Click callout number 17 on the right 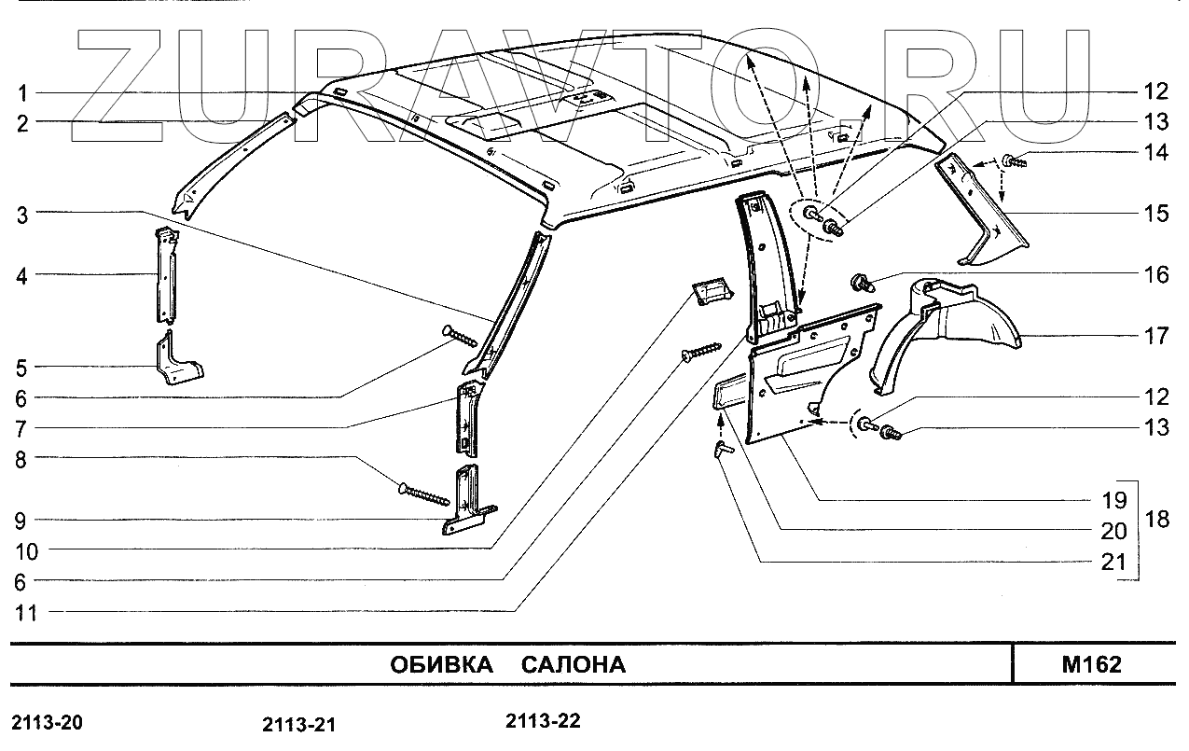pyautogui.click(x=1156, y=335)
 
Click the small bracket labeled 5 pyautogui.click(x=177, y=362)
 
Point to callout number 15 pyautogui.click(x=1156, y=214)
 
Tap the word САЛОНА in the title pyautogui.click(x=573, y=665)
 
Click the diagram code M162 pyautogui.click(x=1091, y=665)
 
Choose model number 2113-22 pyautogui.click(x=543, y=722)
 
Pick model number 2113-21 pyautogui.click(x=298, y=725)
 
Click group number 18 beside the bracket pyautogui.click(x=1156, y=520)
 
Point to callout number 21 pyautogui.click(x=1115, y=563)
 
